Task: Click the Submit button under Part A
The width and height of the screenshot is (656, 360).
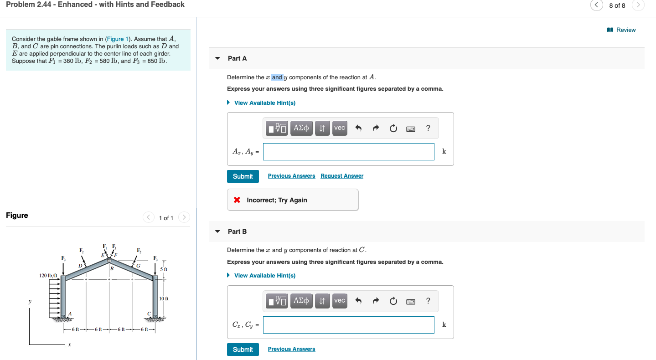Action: tap(243, 176)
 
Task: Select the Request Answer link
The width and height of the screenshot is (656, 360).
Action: tap(342, 176)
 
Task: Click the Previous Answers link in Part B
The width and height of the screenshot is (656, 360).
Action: tap(291, 349)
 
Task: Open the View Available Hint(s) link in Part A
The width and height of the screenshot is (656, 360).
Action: tap(264, 103)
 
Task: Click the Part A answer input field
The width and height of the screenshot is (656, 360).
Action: tap(348, 152)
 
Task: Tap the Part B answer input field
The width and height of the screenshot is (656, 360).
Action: tap(348, 325)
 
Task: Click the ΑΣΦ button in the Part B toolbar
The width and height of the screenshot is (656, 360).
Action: tap(301, 301)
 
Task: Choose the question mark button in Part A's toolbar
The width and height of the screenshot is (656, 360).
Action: tap(428, 128)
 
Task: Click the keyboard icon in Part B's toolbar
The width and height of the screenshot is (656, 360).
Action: tap(410, 301)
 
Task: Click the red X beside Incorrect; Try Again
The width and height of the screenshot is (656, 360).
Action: tap(237, 200)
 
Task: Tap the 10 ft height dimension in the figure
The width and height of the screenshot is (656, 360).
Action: tap(164, 298)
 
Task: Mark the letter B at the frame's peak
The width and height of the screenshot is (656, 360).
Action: tap(111, 268)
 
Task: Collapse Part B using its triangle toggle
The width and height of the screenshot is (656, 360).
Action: tap(217, 231)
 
